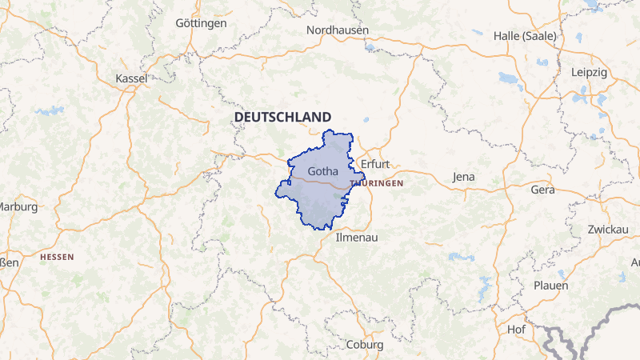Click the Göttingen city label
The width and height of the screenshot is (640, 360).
201,23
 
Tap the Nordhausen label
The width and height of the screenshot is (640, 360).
338,30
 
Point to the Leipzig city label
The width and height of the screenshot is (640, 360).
590,72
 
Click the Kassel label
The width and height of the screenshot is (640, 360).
132,78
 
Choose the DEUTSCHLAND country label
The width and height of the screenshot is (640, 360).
282,117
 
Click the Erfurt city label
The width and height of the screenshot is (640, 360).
375,164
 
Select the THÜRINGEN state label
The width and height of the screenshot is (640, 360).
377,183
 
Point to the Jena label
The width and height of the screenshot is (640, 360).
464,177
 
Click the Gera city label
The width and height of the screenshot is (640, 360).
542,190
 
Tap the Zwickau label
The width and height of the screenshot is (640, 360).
606,230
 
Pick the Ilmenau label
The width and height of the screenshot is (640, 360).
356,238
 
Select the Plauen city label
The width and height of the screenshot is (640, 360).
550,286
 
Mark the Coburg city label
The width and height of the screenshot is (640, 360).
366,345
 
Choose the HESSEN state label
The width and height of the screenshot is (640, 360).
57,257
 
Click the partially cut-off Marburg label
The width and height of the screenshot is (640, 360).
18,206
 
